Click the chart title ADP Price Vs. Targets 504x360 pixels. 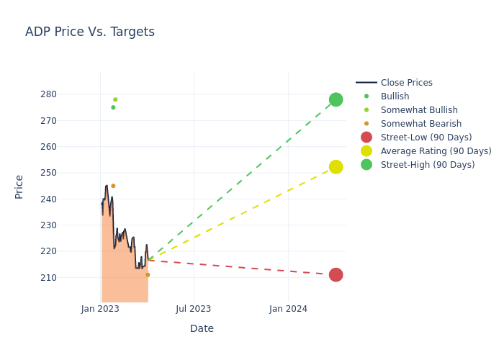(90, 32)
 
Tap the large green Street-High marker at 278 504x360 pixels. (336, 99)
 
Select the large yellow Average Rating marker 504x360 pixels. (336, 167)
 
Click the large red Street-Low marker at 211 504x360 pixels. (336, 275)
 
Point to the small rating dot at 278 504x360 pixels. (115, 100)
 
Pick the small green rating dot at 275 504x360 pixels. (113, 107)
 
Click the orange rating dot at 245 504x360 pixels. (113, 186)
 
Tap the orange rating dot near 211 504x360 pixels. (148, 275)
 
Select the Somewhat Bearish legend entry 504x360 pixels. (420, 124)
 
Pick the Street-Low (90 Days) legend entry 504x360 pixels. (426, 138)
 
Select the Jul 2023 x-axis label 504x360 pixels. (194, 309)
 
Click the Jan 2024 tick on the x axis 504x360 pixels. (288, 309)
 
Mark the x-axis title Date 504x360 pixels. (202, 328)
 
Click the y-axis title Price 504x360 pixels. (19, 186)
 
